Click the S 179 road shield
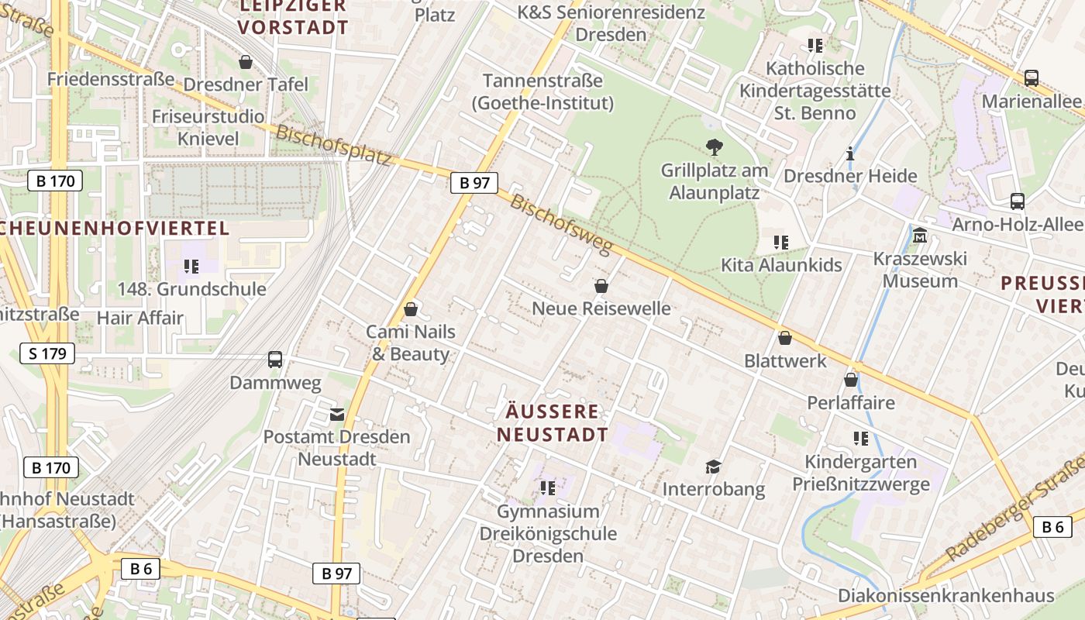[x=47, y=354]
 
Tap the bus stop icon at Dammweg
[x=275, y=360]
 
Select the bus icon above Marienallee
[x=1032, y=78]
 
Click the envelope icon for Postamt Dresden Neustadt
[x=337, y=414]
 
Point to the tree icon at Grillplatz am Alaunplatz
[x=714, y=147]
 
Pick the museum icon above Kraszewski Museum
[x=920, y=236]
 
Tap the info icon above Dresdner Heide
[x=850, y=153]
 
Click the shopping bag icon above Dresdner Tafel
[x=246, y=62]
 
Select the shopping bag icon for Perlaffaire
[x=851, y=380]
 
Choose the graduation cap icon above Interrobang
[x=713, y=467]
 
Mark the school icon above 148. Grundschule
[x=191, y=267]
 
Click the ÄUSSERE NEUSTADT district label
[x=553, y=423]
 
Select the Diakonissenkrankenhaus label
[x=945, y=595]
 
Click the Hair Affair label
[x=140, y=318]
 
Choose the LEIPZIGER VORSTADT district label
[x=293, y=17]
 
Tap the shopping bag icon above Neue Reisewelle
[x=601, y=287]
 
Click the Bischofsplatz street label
[x=334, y=145]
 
